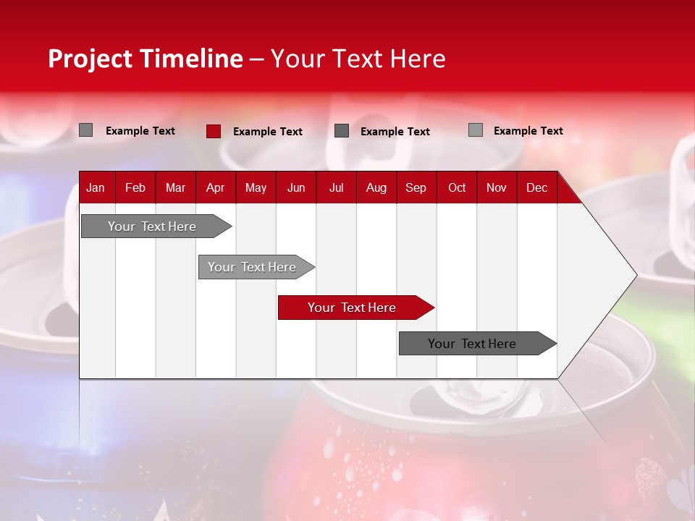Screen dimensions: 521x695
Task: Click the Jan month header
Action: pos(96,187)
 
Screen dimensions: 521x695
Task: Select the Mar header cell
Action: pos(175,187)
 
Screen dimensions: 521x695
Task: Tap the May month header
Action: pos(256,187)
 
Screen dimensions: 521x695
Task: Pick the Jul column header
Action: pos(336,187)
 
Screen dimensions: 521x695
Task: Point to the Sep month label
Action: pos(416,187)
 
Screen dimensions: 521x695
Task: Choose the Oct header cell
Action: pos(457,187)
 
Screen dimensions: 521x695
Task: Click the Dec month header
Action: pos(536,187)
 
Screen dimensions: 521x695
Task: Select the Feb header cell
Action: pos(135,187)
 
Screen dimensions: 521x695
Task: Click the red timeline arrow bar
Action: pos(352,308)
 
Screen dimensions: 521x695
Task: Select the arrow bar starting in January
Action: pos(152,226)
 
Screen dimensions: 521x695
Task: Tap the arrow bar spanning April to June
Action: pos(252,267)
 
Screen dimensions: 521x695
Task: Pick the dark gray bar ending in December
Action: pos(472,344)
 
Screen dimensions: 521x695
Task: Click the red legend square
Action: pos(214,131)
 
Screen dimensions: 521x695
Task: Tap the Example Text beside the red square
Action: pos(268,132)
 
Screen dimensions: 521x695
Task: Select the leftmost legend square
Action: pos(85,130)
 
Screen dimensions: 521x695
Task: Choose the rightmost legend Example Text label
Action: pos(528,131)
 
